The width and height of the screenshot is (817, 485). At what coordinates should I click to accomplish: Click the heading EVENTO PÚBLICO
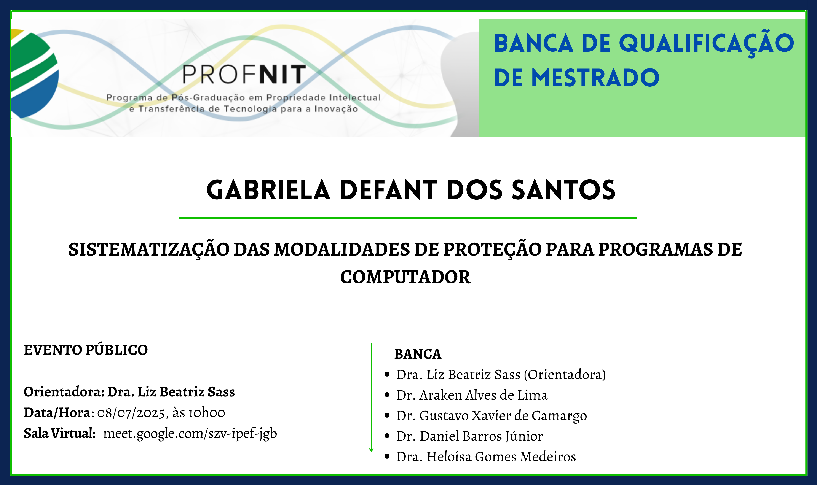click(x=86, y=350)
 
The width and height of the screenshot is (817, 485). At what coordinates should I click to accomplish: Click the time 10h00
click(x=207, y=413)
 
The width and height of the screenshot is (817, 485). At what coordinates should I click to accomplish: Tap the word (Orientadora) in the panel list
click(x=565, y=375)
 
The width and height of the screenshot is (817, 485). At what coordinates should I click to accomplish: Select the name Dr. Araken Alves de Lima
click(x=472, y=395)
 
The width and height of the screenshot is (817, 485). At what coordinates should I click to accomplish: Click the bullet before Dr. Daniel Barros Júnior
click(x=387, y=436)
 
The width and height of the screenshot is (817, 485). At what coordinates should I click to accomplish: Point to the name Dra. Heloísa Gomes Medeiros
click(x=486, y=456)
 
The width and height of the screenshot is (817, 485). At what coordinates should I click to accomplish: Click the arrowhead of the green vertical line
click(x=371, y=450)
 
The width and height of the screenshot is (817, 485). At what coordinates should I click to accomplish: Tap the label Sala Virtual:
click(x=59, y=434)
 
